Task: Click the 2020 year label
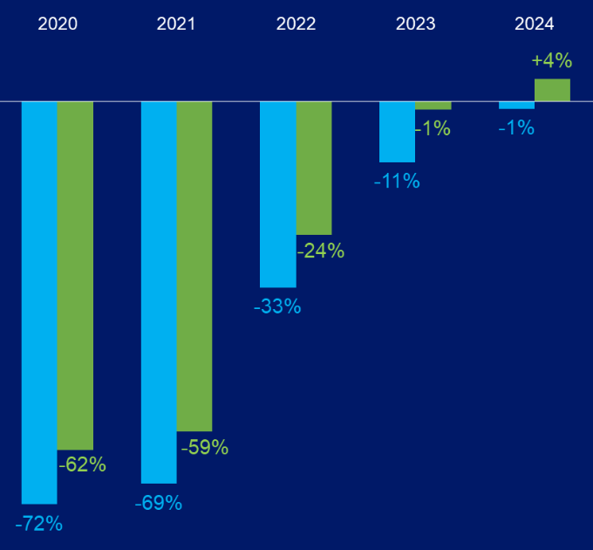(x=58, y=24)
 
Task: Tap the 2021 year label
(x=176, y=24)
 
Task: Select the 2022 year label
(x=296, y=24)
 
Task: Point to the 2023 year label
(x=415, y=24)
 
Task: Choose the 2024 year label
(x=535, y=24)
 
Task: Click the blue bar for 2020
(x=39, y=302)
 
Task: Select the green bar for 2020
(x=75, y=275)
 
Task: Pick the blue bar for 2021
(x=159, y=292)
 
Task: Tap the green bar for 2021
(x=194, y=265)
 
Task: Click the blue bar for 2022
(x=278, y=194)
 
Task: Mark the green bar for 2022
(x=314, y=168)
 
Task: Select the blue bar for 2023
(x=397, y=132)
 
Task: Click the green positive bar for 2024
(x=552, y=90)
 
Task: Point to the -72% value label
(x=39, y=524)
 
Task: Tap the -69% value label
(x=159, y=503)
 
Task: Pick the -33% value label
(x=277, y=306)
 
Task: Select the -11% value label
(x=397, y=182)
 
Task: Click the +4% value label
(x=552, y=61)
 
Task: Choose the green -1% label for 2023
(x=433, y=128)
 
